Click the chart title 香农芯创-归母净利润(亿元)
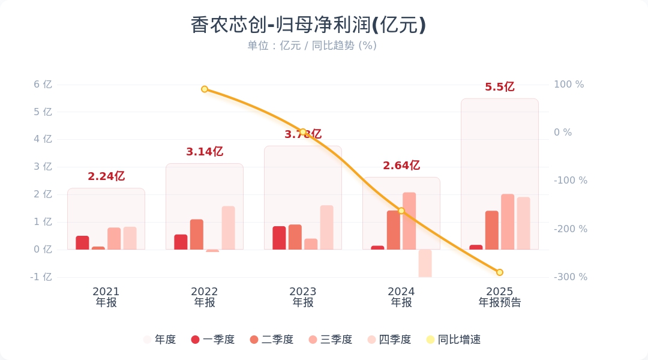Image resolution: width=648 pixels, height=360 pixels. [308, 25]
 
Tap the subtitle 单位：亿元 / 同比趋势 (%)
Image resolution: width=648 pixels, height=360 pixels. [312, 46]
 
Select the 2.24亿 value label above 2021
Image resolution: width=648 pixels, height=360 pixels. [106, 176]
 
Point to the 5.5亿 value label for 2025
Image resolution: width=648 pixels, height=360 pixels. [500, 87]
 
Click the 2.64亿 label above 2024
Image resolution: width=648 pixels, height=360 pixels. [401, 166]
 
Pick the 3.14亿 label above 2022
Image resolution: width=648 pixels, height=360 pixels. [205, 152]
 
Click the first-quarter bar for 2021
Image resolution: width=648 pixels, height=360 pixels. [82, 242]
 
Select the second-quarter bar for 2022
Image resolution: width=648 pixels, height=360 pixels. [197, 235]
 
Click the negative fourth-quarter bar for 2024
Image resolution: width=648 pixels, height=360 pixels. [425, 263]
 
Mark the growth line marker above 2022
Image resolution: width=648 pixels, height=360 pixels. [205, 89]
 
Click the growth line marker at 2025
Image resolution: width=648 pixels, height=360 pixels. [500, 272]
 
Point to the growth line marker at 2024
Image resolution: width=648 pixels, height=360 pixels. [401, 211]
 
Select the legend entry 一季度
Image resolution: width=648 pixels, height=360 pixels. [212, 340]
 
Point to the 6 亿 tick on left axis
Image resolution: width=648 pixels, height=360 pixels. [43, 85]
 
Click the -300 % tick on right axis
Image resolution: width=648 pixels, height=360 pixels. [570, 277]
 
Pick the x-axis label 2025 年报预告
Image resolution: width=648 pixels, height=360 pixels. [500, 297]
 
